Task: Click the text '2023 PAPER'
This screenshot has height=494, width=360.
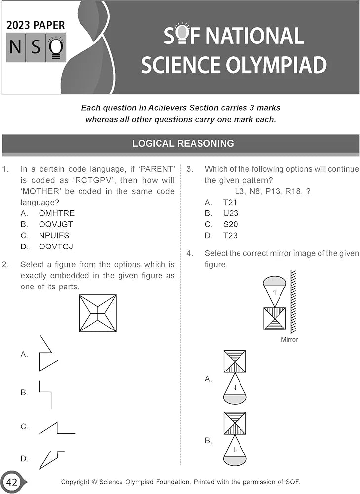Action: pyautogui.click(x=36, y=25)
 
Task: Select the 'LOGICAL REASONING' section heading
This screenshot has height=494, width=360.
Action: pyautogui.click(x=183, y=144)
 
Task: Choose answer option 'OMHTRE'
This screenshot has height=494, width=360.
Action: pyautogui.click(x=56, y=213)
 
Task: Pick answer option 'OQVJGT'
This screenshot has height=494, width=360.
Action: pyautogui.click(x=56, y=224)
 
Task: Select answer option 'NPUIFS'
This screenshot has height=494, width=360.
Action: pyautogui.click(x=54, y=235)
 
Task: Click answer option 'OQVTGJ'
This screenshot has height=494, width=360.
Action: pyautogui.click(x=56, y=246)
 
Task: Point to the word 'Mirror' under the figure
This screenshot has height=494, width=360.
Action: pyautogui.click(x=289, y=340)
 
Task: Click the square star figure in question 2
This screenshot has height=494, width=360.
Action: pyautogui.click(x=98, y=313)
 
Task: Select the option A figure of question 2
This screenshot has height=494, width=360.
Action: pyautogui.click(x=48, y=354)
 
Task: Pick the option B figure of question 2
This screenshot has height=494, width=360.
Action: pyautogui.click(x=45, y=394)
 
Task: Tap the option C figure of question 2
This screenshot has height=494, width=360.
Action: pyautogui.click(x=56, y=428)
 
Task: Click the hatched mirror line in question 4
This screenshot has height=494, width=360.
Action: pyautogui.click(x=293, y=301)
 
